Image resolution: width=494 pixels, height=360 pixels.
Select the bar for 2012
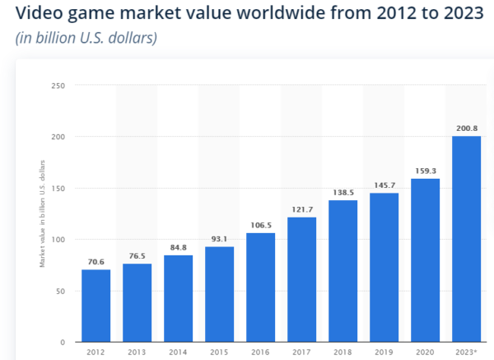96,306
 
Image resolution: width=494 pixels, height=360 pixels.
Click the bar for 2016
260,288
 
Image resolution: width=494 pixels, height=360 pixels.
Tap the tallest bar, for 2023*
466,239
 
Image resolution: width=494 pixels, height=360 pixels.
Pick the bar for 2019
384,267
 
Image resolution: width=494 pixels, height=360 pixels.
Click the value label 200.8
466,129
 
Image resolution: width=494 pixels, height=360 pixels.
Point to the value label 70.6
96,262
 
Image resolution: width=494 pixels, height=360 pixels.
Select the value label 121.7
301,209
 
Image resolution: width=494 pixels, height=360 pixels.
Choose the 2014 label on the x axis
178,353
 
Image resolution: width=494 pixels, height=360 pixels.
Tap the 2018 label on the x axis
343,353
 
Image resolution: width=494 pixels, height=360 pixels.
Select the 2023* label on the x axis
466,353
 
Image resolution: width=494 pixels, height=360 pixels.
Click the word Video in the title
37,13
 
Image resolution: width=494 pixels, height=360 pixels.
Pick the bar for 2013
137,302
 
